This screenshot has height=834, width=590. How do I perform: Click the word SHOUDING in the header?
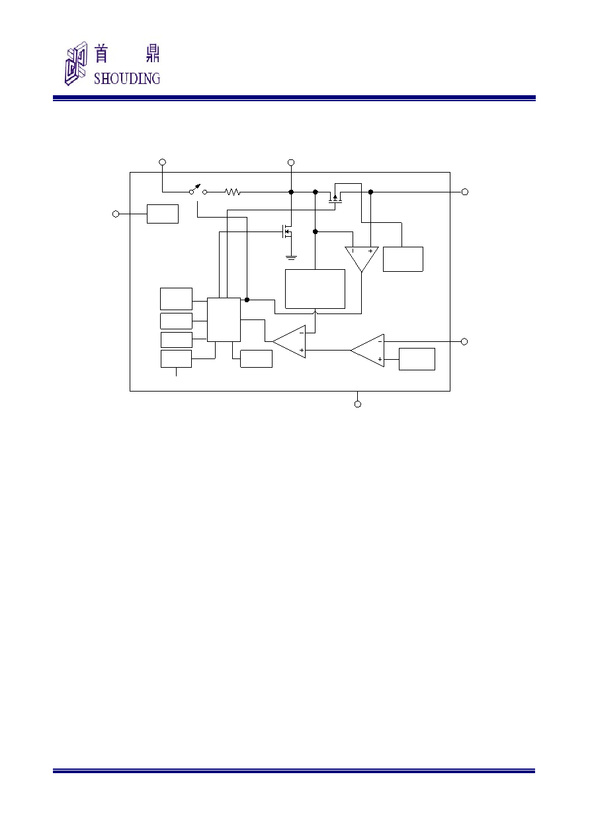(127, 79)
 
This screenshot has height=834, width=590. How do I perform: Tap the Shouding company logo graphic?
(76, 63)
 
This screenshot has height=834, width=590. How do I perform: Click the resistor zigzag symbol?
(233, 192)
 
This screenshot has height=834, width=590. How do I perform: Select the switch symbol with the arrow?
(198, 190)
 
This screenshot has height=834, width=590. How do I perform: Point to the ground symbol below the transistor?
(291, 257)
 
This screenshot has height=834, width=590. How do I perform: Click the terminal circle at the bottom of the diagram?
(358, 404)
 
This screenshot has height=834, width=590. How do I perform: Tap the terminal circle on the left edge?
(116, 214)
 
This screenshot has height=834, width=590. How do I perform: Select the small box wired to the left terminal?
(163, 214)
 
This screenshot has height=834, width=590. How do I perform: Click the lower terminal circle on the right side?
(464, 342)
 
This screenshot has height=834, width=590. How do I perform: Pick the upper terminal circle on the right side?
(465, 192)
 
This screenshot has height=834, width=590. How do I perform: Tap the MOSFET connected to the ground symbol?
(287, 232)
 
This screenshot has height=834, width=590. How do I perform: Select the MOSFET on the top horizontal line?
(335, 198)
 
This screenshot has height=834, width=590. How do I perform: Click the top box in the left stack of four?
(176, 298)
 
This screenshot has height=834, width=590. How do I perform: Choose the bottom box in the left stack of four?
(176, 358)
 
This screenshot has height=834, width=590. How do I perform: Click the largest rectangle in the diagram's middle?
(315, 289)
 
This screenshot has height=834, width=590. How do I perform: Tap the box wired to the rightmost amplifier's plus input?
(417, 359)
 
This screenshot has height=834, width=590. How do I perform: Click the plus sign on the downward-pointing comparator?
(370, 251)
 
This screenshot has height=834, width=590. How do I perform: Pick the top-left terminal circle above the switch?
(162, 162)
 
